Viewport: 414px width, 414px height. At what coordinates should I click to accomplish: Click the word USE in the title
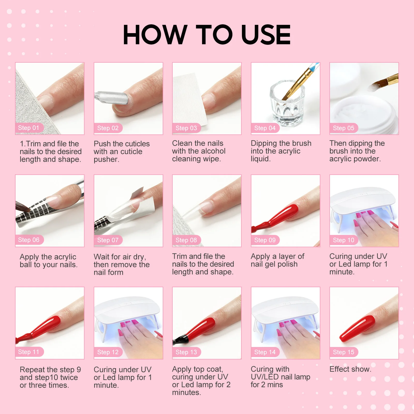coord(266,35)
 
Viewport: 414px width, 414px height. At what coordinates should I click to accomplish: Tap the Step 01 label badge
coord(28,128)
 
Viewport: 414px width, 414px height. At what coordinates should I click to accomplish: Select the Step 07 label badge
coord(108,240)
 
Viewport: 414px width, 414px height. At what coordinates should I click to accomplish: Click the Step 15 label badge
coord(343,352)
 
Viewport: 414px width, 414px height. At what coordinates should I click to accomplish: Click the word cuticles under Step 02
coord(136,144)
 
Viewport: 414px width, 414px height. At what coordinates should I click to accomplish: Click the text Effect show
coord(350,369)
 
